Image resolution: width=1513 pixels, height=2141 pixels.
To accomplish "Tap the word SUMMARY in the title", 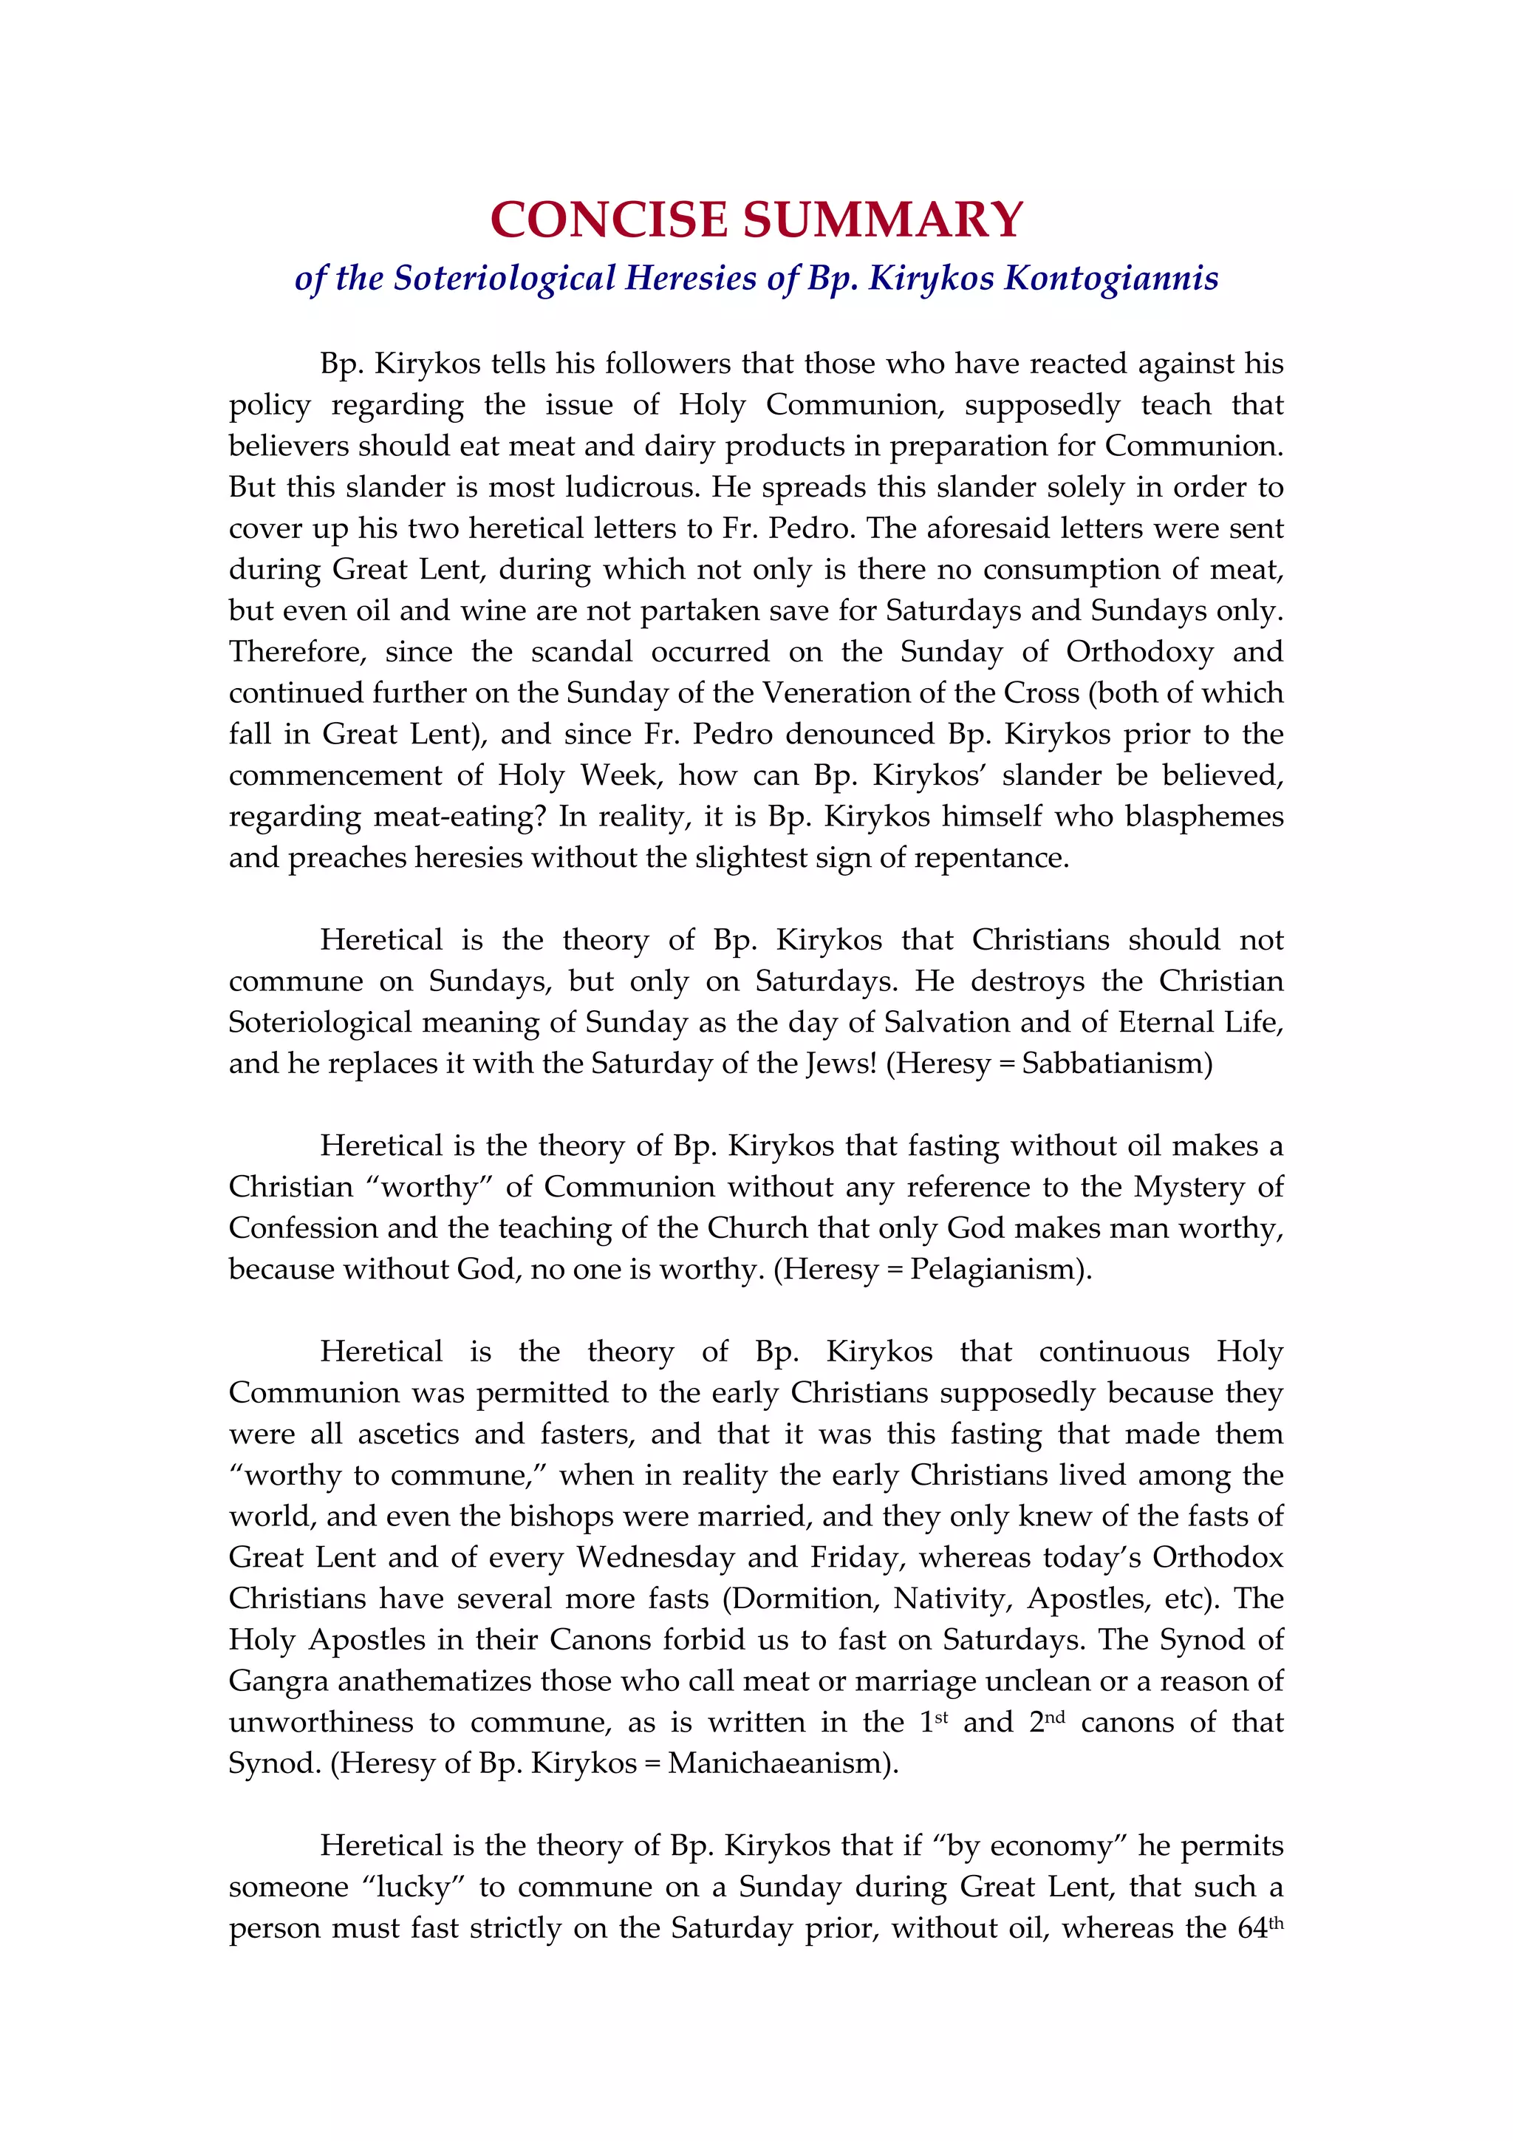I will click(883, 220).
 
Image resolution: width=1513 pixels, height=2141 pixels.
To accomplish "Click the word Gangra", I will click(278, 1681).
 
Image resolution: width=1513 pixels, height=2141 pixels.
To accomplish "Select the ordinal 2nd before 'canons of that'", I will click(1047, 1722).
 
